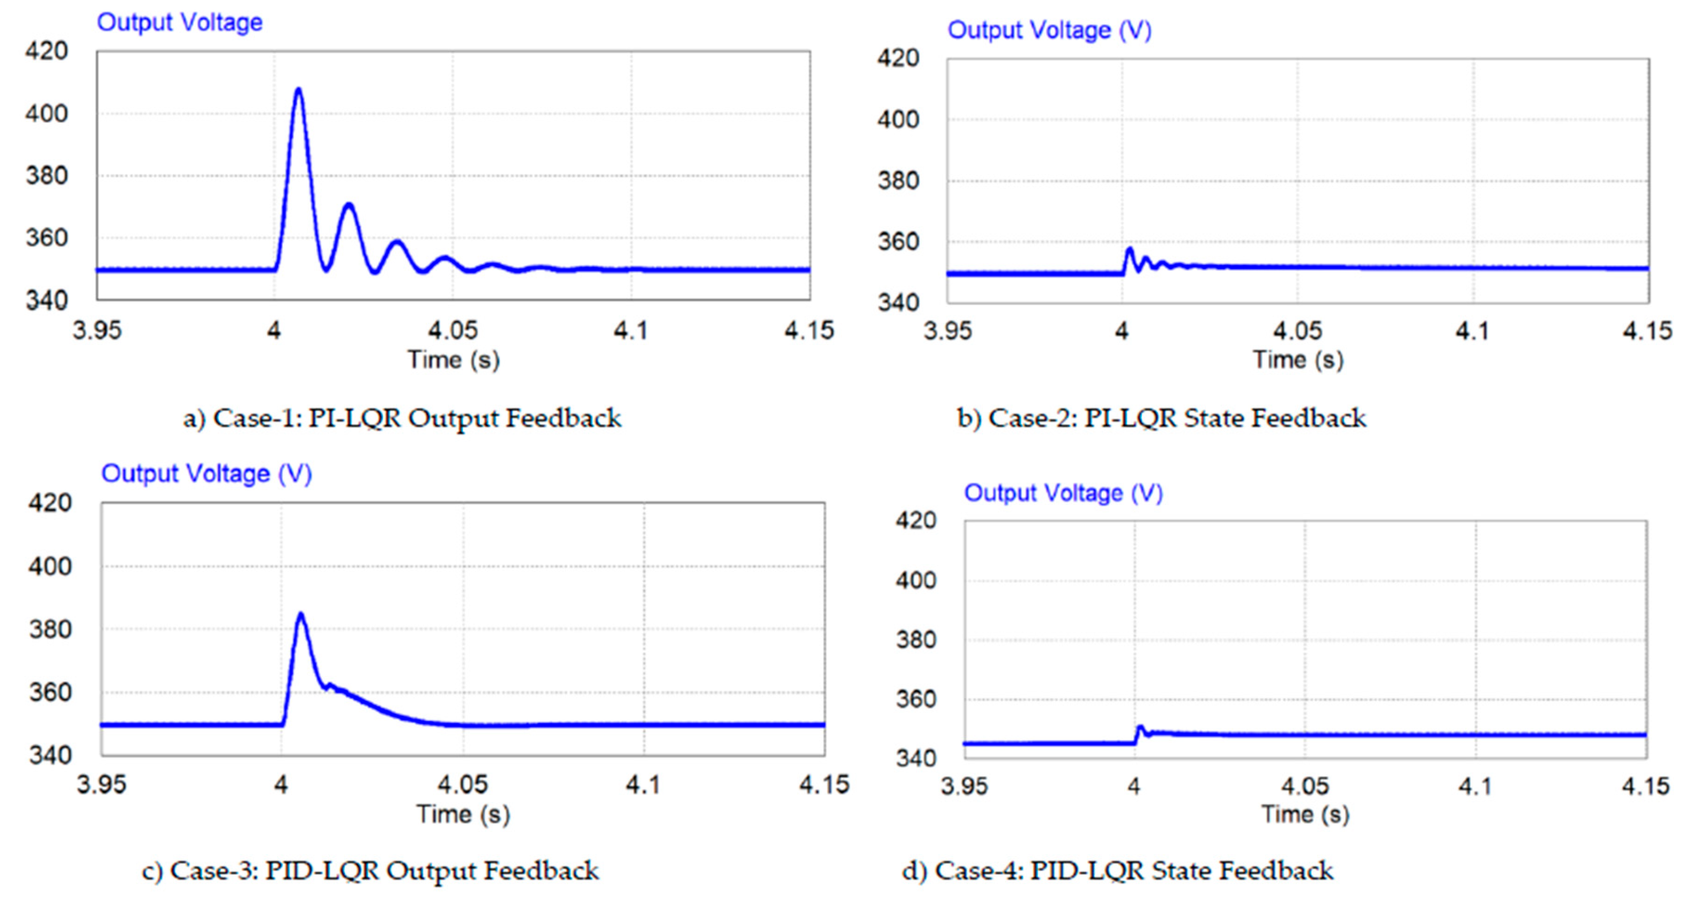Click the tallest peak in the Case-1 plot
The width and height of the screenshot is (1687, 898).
pyautogui.click(x=299, y=90)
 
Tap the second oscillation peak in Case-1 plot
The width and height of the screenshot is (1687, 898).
pyautogui.click(x=348, y=205)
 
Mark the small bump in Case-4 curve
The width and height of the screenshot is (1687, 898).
pyautogui.click(x=1140, y=727)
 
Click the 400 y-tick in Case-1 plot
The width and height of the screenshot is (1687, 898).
pyautogui.click(x=46, y=114)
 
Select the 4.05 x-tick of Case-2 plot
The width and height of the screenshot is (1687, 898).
pyautogui.click(x=1297, y=331)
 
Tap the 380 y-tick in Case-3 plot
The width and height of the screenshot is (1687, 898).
pyautogui.click(x=50, y=629)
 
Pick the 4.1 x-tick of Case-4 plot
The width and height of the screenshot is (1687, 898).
pyautogui.click(x=1475, y=785)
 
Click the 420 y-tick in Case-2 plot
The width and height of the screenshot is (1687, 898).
pyautogui.click(x=898, y=58)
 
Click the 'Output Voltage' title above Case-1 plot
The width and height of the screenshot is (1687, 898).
pyautogui.click(x=180, y=22)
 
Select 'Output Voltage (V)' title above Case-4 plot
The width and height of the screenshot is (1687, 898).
pyautogui.click(x=1063, y=493)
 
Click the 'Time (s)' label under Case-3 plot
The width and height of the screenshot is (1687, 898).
pyautogui.click(x=463, y=814)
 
